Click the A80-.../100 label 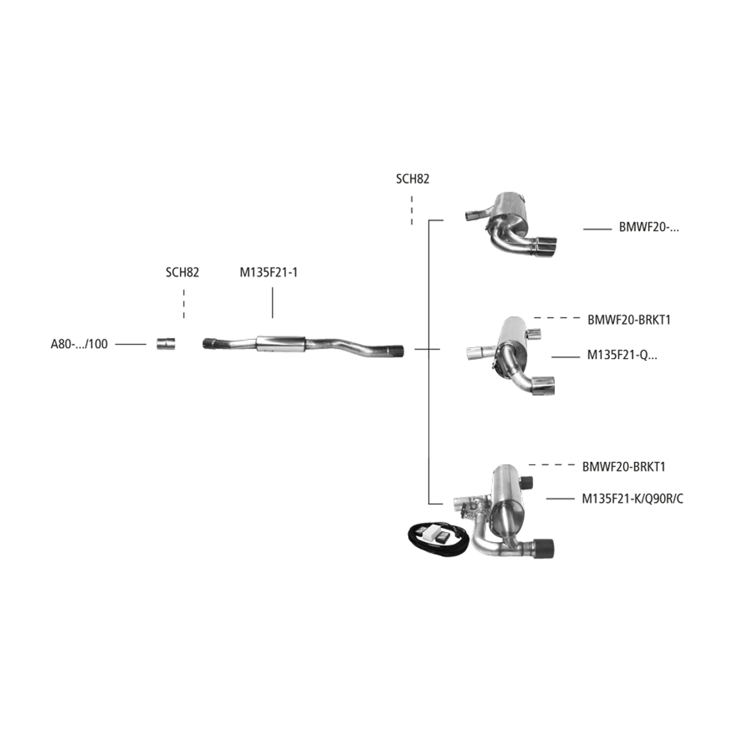click(x=79, y=344)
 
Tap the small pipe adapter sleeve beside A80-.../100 click(x=166, y=343)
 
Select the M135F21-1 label click(x=269, y=273)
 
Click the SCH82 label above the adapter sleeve click(x=183, y=273)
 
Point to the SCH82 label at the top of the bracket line click(x=413, y=179)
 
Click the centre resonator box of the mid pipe click(x=281, y=343)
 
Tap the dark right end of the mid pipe click(x=397, y=351)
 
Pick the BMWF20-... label click(x=649, y=228)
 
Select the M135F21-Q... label click(x=622, y=355)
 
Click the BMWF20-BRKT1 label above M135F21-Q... click(x=629, y=320)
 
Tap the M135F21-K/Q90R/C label click(x=633, y=499)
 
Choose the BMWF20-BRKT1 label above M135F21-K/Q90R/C click(x=624, y=467)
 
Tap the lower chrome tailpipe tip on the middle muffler click(x=543, y=385)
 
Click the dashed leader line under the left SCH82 click(x=184, y=304)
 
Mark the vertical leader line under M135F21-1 click(x=273, y=303)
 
